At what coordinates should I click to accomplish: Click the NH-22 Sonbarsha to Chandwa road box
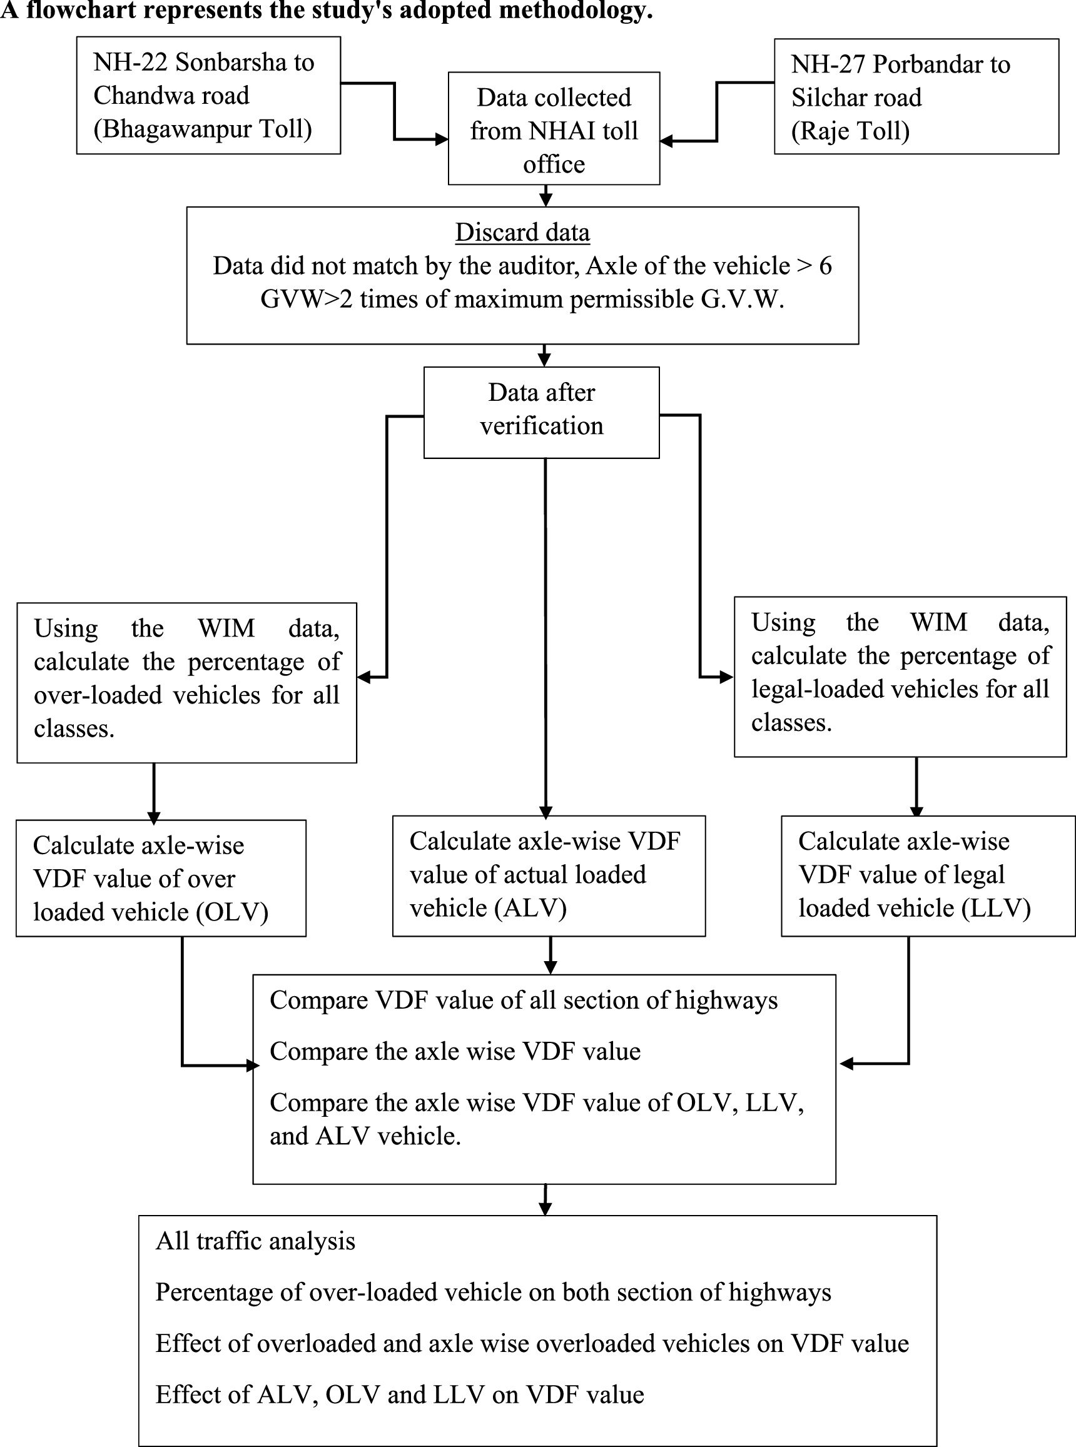208,95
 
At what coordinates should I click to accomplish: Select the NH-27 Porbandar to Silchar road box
915,96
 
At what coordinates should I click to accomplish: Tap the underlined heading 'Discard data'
522,233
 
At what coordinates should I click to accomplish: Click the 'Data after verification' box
541,412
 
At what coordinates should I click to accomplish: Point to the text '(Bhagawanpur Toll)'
203,129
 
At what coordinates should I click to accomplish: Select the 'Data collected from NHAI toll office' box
554,129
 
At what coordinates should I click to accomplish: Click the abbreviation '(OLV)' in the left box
233,912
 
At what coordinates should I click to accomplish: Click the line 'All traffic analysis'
255,1241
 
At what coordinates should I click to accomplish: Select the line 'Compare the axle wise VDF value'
455,1051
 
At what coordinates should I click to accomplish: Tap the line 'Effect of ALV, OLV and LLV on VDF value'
399,1395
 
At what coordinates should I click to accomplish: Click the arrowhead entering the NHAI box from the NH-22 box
442,139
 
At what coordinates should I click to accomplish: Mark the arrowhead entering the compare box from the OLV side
253,1066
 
